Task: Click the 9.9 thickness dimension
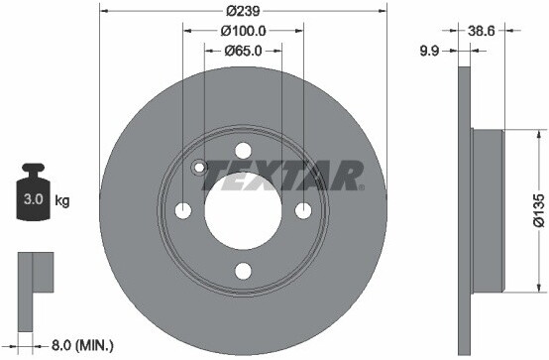point(429,50)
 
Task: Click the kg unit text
point(61,201)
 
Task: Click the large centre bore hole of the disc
point(243,210)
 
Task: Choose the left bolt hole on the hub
point(184,210)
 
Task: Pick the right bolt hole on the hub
point(302,210)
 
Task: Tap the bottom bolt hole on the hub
point(243,269)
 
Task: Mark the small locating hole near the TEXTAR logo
point(199,168)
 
